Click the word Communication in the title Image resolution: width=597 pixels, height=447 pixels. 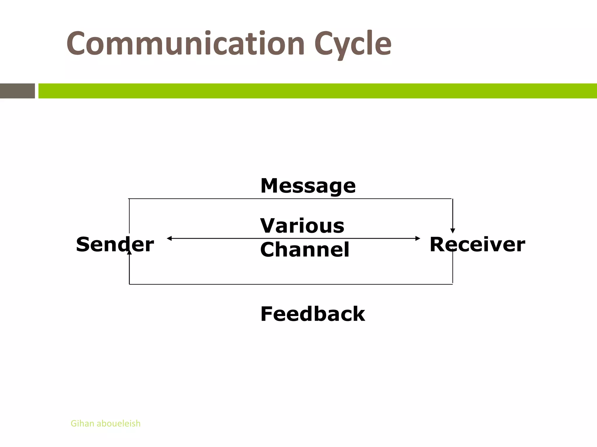tap(186, 44)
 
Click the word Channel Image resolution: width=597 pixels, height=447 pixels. tap(304, 249)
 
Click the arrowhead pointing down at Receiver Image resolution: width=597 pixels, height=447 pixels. tap(452, 231)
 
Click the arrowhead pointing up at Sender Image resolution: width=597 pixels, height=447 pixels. tap(129, 252)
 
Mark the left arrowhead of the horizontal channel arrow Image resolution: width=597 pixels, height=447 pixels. tap(169, 238)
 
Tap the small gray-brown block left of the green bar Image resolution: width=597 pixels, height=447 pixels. tap(17, 91)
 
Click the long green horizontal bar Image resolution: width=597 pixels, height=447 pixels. tap(317, 91)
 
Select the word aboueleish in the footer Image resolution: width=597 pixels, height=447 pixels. tap(118, 423)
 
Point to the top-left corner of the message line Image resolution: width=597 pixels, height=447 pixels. tap(129, 199)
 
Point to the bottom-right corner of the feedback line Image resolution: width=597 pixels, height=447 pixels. tap(452, 284)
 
